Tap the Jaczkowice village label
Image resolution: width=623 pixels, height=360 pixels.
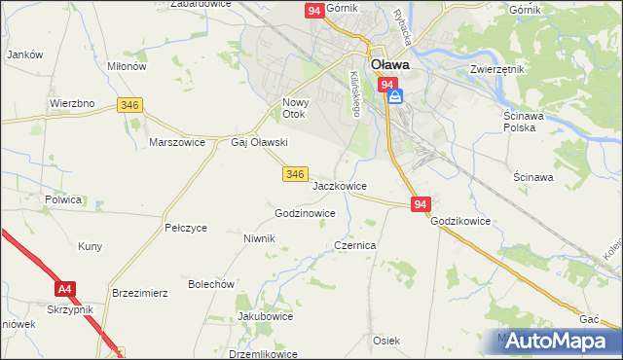pyautogui.click(x=340, y=185)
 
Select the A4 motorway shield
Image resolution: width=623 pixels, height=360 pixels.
pyautogui.click(x=64, y=289)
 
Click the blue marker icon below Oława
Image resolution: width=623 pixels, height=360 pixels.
pyautogui.click(x=394, y=96)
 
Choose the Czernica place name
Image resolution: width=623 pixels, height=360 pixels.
pyautogui.click(x=355, y=246)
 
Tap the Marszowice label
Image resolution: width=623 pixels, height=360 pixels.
pyautogui.click(x=176, y=142)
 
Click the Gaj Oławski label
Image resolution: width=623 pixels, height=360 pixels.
pyautogui.click(x=258, y=142)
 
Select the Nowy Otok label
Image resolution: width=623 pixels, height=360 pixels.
pyautogui.click(x=294, y=108)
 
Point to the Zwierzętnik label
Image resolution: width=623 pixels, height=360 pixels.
pyautogui.click(x=497, y=70)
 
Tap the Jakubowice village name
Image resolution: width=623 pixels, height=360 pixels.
pyautogui.click(x=266, y=317)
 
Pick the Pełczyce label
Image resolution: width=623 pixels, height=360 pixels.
pyautogui.click(x=186, y=228)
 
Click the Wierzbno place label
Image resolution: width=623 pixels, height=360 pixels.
pyautogui.click(x=71, y=103)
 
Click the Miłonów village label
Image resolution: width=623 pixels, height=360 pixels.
pyautogui.click(x=127, y=66)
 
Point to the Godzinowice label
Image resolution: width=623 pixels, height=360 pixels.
pyautogui.click(x=306, y=213)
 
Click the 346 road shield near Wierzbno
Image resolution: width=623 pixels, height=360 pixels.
pyautogui.click(x=128, y=104)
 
